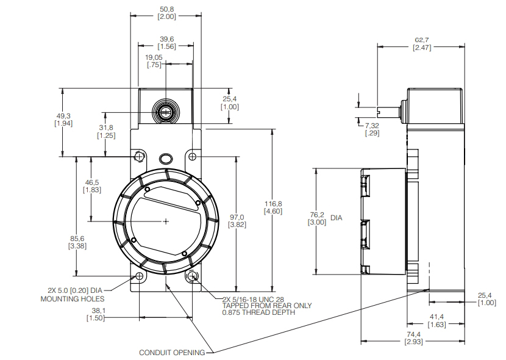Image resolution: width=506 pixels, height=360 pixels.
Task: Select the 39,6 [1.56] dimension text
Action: point(166,43)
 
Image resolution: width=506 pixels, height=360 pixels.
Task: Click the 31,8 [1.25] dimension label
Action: point(106,131)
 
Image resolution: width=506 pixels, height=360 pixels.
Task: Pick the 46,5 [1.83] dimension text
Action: point(92,186)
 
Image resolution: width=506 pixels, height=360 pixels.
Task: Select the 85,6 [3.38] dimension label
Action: point(77,242)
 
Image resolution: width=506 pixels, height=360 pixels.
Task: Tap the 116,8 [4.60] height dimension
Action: point(272,207)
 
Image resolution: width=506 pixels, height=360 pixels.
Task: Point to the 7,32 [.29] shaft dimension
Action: point(372,129)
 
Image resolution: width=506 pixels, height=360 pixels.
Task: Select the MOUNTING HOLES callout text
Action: point(72,299)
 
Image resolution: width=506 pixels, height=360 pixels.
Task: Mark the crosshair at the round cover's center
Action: point(166,221)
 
